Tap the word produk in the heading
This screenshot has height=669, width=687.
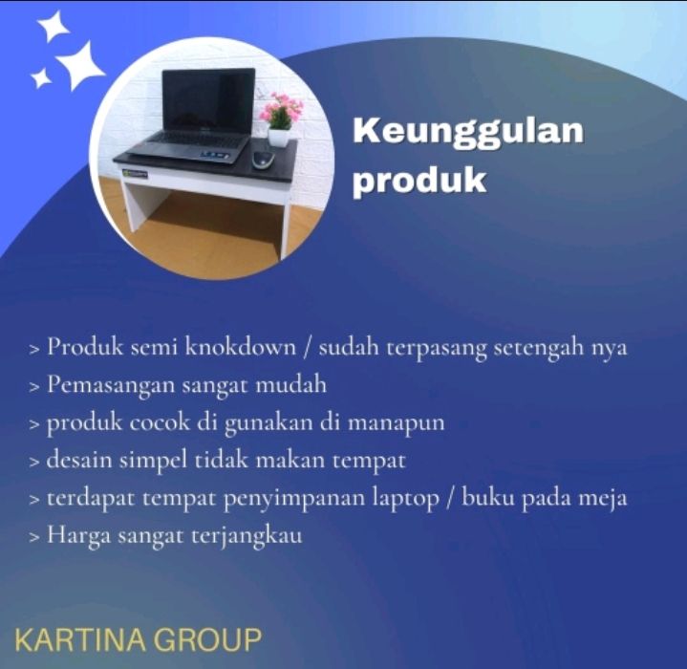pyautogui.click(x=419, y=181)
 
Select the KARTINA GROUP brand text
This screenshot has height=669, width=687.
pyautogui.click(x=138, y=639)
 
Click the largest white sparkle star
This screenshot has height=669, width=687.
pyautogui.click(x=80, y=65)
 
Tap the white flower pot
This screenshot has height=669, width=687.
pyautogui.click(x=279, y=138)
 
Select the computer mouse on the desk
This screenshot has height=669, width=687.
pyautogui.click(x=263, y=158)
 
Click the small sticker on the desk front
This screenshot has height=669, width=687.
pyautogui.click(x=135, y=174)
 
